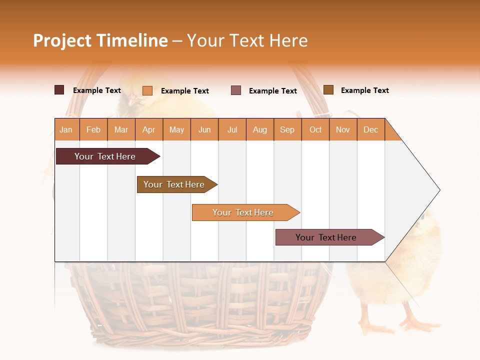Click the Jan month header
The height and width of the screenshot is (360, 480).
(66, 129)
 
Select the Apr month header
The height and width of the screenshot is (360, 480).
(149, 129)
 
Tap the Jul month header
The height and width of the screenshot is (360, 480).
(232, 129)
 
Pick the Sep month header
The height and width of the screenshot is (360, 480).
(287, 129)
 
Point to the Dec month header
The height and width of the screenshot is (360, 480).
(370, 129)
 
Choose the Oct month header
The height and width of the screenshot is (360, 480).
(315, 129)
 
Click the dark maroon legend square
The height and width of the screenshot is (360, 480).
(59, 90)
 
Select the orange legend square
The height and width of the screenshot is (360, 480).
(147, 90)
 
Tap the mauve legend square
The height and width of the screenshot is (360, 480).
(236, 90)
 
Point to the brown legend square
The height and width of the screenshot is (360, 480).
(328, 90)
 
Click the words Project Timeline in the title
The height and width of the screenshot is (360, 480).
(100, 40)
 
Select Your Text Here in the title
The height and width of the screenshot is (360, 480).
(247, 40)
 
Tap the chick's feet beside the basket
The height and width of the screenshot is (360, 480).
(395, 325)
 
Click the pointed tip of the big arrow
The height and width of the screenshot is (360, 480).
(438, 190)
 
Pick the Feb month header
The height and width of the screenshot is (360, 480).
(93, 129)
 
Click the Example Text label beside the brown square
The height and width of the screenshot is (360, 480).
(364, 90)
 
